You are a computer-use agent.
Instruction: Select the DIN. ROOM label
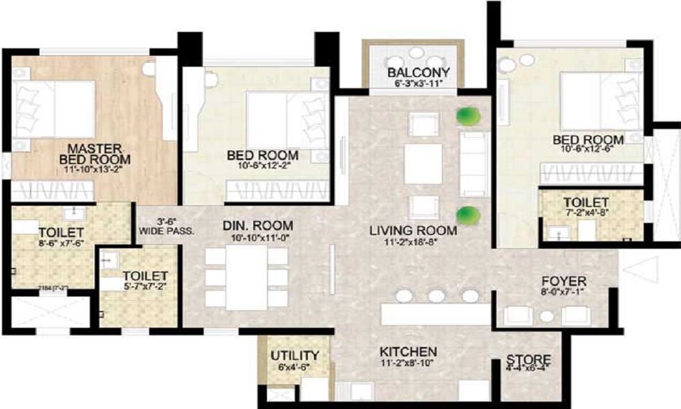pyautogui.click(x=259, y=226)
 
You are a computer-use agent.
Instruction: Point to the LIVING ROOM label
pyautogui.click(x=413, y=232)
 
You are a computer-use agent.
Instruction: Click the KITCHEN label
pyautogui.click(x=409, y=351)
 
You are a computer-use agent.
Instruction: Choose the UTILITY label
pyautogui.click(x=295, y=355)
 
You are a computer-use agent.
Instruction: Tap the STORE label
pyautogui.click(x=528, y=359)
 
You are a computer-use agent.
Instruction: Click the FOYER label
pyautogui.click(x=564, y=281)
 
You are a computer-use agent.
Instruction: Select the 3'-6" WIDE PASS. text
pyautogui.click(x=166, y=226)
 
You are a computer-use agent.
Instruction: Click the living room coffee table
pyautogui.click(x=423, y=164)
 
